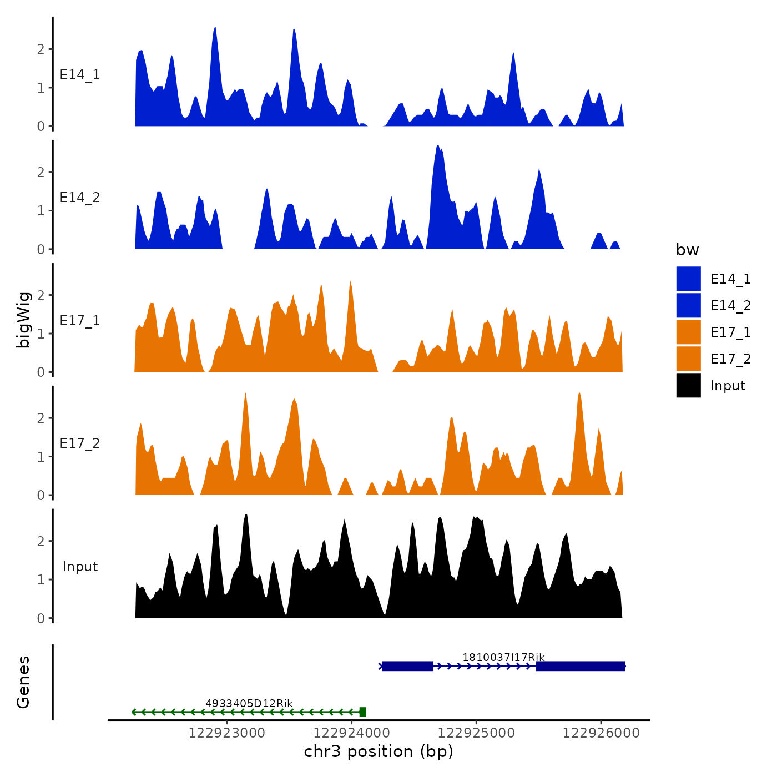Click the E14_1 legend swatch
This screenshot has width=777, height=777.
coord(688,279)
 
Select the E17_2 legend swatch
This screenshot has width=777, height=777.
coord(688,359)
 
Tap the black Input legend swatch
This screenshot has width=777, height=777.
coord(688,385)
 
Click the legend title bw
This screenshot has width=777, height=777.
coord(687,250)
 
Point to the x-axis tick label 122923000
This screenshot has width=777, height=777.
coord(226,733)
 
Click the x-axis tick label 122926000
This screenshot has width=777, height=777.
coord(601,733)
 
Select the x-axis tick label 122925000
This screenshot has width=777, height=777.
coord(476,733)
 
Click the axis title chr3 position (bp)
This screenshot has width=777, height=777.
coord(379,751)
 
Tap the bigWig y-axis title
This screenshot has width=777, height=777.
coord(23,320)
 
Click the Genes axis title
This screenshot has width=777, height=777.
coord(23,682)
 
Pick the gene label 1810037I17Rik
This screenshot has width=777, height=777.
coord(503,657)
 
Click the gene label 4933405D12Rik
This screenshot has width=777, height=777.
coord(249,703)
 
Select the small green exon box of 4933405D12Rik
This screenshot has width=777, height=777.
coord(363,712)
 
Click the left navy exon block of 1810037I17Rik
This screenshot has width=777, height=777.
coord(407,666)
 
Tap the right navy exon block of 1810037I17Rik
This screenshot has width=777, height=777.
coord(581,666)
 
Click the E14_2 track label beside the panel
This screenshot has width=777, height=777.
coord(80,198)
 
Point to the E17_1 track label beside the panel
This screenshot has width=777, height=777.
coord(80,321)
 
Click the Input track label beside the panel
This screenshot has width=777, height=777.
coord(80,567)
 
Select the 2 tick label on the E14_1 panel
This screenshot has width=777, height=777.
coord(41,49)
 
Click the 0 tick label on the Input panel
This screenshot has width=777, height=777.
coord(41,618)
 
